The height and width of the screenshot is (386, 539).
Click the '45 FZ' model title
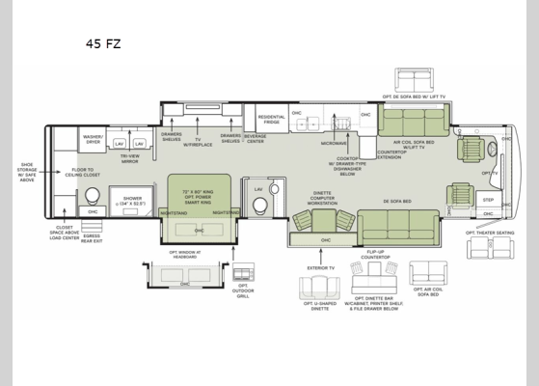click(103, 43)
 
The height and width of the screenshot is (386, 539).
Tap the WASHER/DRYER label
click(93, 140)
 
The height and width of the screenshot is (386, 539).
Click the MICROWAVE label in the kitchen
click(333, 143)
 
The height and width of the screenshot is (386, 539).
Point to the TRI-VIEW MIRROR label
click(129, 160)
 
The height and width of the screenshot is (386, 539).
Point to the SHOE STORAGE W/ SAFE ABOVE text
click(26, 171)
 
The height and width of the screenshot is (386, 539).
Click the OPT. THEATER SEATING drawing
click(490, 248)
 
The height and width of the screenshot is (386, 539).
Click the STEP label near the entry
click(488, 201)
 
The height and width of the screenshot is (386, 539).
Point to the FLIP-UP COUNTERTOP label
click(376, 255)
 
